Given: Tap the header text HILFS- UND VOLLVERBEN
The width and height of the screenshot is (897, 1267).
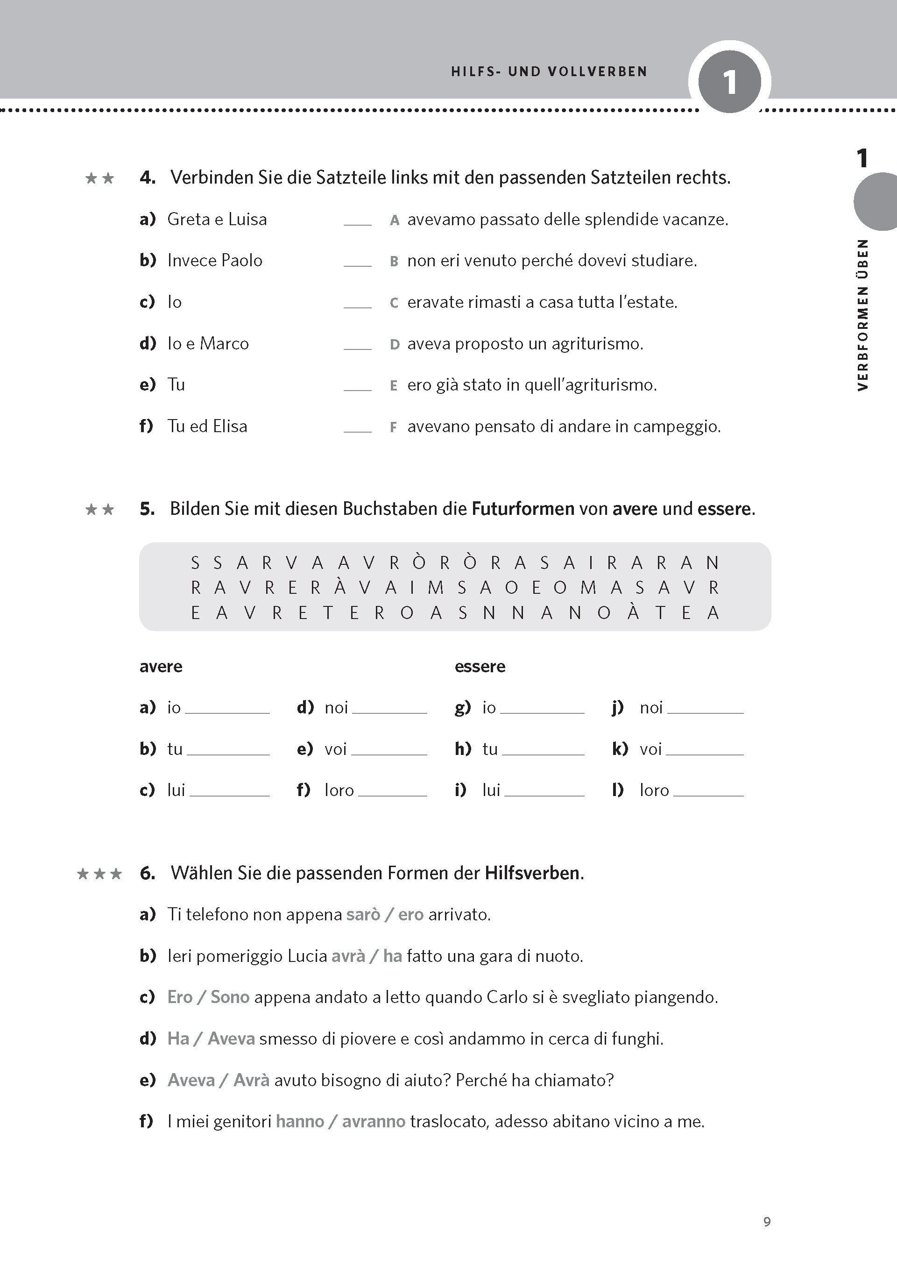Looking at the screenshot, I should (x=549, y=72).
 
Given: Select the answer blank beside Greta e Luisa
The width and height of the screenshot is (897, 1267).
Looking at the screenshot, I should (x=357, y=221).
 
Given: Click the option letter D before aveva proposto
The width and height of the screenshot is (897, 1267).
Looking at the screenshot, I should (x=395, y=344).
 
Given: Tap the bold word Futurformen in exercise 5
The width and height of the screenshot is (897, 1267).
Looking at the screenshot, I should (x=523, y=508).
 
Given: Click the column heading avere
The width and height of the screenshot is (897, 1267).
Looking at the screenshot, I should (x=161, y=666).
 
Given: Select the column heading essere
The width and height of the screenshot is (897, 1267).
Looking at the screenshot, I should (x=480, y=666).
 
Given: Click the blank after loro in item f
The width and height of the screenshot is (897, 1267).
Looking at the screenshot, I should (x=392, y=791).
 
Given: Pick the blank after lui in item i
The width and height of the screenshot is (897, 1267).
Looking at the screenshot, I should (x=544, y=791).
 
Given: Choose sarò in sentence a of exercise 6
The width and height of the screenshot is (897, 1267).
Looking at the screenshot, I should (x=363, y=914).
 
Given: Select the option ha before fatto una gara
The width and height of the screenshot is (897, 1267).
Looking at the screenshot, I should (x=392, y=956).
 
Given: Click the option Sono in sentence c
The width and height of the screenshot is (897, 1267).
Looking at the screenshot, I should (x=230, y=997).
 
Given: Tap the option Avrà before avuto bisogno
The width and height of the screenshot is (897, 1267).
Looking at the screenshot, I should (x=251, y=1080).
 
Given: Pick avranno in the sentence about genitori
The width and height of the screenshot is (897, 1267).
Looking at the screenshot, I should (x=374, y=1121).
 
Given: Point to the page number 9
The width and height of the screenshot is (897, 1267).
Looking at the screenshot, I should (x=767, y=1221).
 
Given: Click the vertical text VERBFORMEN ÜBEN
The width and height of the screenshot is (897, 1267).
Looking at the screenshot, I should (x=863, y=315).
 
